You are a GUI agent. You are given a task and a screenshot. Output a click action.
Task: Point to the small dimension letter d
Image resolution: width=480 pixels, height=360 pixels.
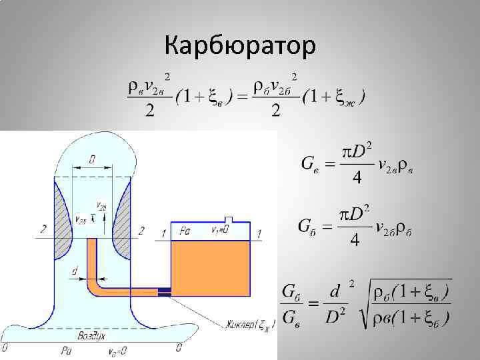coord(74,271)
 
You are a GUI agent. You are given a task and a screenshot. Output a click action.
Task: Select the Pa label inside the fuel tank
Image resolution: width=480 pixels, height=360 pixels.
coord(185,231)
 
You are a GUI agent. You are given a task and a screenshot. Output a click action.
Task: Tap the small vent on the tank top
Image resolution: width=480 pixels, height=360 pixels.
coord(229,219)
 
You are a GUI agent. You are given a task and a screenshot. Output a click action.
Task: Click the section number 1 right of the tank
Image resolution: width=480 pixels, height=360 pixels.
coord(259,233)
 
